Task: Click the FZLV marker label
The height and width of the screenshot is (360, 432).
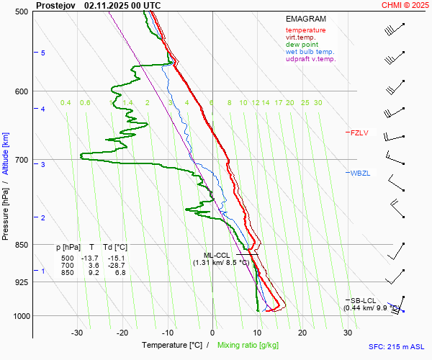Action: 359,132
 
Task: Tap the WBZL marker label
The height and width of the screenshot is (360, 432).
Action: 360,174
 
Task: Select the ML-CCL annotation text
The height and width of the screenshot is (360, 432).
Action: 217,255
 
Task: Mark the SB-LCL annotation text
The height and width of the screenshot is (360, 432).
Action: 364,300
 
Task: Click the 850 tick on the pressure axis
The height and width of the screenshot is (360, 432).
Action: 20,245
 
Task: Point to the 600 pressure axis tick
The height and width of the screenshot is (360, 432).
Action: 20,91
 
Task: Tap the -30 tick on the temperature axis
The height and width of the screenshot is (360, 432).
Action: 77,333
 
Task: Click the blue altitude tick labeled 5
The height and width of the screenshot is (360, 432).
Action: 42,53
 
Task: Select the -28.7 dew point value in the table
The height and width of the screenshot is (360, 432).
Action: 114,266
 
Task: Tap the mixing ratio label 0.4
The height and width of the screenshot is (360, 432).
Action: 66,103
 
